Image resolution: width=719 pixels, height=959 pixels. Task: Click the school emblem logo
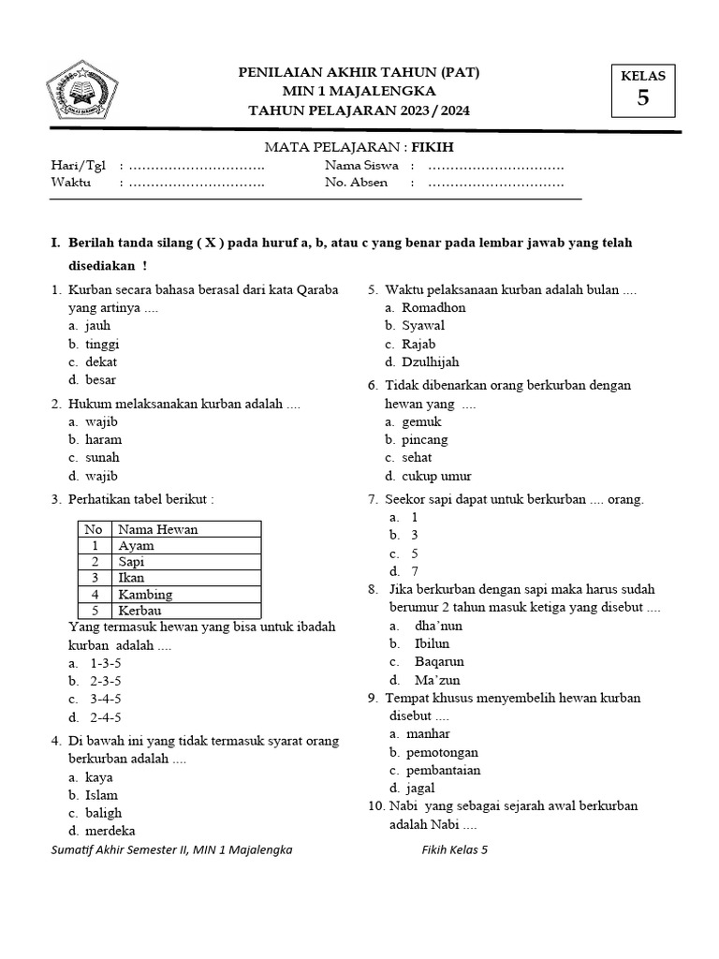click(81, 93)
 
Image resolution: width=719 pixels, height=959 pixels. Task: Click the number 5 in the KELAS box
click(642, 97)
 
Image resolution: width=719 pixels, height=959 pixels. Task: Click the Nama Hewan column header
click(157, 529)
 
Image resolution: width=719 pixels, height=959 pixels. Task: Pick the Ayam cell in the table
click(136, 545)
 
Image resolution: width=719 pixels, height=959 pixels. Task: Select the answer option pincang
click(424, 439)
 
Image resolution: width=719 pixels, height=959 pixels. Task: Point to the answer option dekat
click(100, 361)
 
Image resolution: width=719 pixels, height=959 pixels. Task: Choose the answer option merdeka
click(110, 831)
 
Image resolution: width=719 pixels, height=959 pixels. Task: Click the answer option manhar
click(427, 733)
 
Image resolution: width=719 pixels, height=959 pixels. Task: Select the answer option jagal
click(419, 788)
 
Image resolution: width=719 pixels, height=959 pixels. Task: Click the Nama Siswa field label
click(361, 165)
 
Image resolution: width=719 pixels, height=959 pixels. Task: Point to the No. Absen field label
click(356, 183)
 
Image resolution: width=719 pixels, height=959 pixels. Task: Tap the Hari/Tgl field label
click(78, 165)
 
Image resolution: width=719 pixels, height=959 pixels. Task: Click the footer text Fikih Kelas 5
click(455, 850)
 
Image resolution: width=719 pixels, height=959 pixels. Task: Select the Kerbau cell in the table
click(139, 610)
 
